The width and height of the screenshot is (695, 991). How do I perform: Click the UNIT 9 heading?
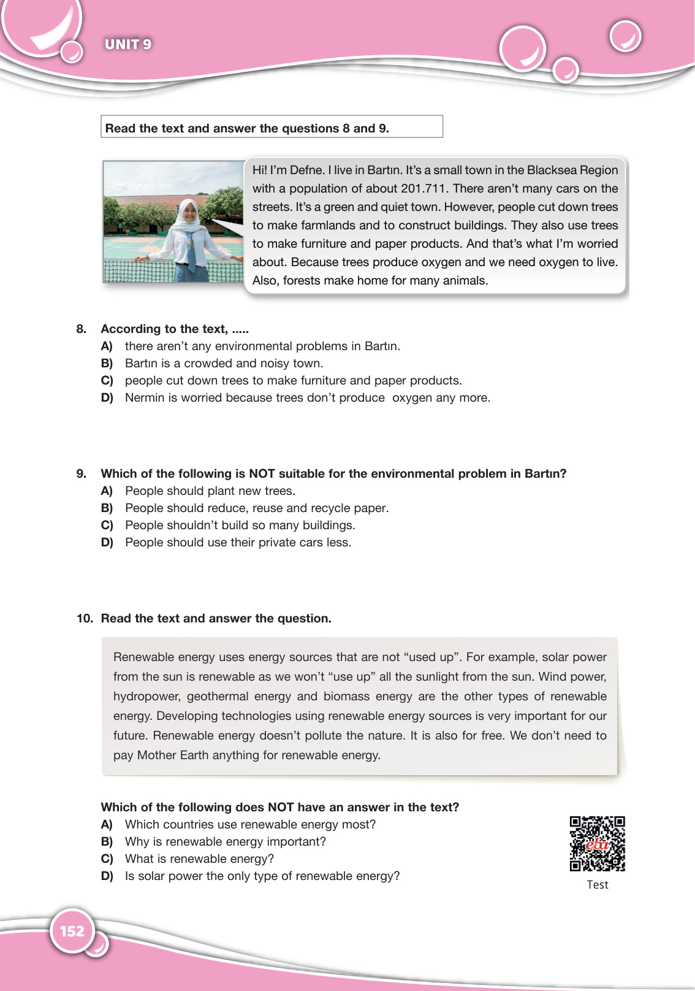coord(128,44)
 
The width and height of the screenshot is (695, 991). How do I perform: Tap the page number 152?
coord(72,931)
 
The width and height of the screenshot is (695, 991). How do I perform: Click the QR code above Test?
coord(597,843)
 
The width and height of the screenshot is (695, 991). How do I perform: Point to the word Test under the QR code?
coord(597,885)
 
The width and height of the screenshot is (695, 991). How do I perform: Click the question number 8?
coord(81,329)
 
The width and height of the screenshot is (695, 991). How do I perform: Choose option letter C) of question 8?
coord(107,381)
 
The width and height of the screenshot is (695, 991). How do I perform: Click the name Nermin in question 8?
coord(145,398)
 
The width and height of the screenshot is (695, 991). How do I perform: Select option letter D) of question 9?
coord(107,543)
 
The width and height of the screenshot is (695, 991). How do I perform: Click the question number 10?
coord(85,619)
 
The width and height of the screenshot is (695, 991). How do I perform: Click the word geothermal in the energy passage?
coord(218,697)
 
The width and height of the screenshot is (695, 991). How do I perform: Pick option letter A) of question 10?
coord(107,825)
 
